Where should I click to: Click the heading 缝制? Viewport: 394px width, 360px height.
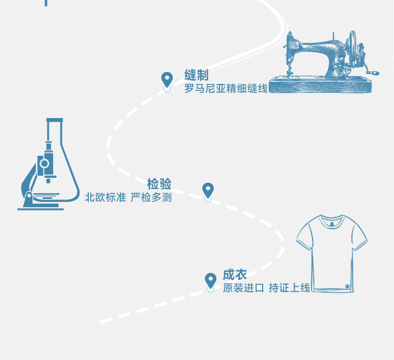[196, 75]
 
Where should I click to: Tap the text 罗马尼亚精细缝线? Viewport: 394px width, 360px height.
[226, 89]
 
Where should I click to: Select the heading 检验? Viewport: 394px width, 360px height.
[159, 184]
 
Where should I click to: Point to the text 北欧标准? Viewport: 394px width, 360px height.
[105, 197]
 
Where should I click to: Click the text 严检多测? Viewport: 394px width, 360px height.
[151, 197]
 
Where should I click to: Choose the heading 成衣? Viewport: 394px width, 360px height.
[235, 274]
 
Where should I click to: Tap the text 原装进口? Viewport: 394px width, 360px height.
[243, 288]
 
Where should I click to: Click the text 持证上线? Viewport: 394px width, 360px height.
[289, 288]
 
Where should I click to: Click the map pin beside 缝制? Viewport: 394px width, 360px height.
[167, 80]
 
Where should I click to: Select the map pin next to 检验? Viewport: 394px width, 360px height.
[208, 191]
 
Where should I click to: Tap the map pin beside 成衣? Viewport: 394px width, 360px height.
[211, 281]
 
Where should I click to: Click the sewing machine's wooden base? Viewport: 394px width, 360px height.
[320, 85]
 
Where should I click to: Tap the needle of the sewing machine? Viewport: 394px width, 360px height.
[288, 70]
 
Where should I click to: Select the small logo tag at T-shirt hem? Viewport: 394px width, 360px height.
[348, 286]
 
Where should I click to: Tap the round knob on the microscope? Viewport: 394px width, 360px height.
[44, 163]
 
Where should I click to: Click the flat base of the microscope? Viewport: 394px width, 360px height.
[40, 209]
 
